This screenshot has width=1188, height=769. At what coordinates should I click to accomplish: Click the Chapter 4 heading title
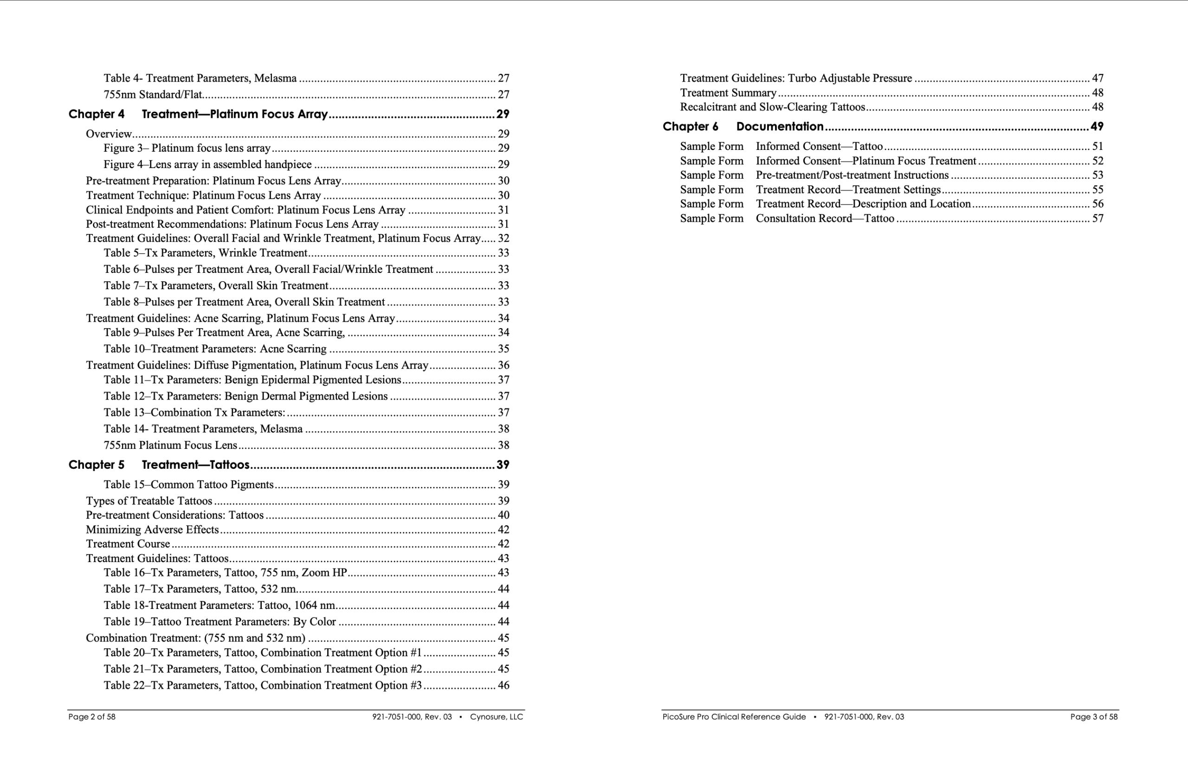(235, 114)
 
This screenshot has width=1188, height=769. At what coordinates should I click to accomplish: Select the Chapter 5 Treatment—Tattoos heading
(195, 465)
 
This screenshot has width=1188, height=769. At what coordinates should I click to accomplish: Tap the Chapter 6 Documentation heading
(779, 127)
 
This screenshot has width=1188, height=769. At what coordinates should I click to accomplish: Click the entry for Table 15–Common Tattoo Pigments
(189, 485)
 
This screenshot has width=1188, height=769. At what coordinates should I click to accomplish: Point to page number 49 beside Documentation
(1097, 127)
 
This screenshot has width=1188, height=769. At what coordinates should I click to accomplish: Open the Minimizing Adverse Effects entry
(152, 530)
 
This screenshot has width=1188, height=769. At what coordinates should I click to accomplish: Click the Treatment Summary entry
(728, 93)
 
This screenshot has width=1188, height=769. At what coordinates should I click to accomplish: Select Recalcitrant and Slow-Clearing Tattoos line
(772, 107)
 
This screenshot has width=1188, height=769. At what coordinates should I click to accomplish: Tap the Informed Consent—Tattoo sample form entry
(819, 146)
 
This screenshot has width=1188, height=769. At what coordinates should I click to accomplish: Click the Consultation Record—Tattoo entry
(825, 218)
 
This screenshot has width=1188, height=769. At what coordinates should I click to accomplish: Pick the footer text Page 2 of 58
(92, 717)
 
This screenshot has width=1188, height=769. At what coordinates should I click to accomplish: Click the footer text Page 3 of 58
(1094, 717)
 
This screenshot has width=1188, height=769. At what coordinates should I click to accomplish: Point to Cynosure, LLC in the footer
(496, 717)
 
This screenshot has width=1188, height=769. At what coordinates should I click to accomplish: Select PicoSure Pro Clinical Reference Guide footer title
(734, 717)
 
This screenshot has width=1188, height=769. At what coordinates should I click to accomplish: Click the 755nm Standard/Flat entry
(153, 94)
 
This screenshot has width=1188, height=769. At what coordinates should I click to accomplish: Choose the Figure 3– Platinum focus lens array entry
(187, 148)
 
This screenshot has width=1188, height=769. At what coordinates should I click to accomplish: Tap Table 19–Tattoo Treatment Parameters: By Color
(220, 622)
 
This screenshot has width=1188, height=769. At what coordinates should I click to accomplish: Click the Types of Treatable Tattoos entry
(149, 501)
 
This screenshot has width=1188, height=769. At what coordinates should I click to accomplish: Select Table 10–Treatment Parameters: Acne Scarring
(215, 349)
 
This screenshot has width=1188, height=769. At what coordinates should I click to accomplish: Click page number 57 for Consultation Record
(1098, 218)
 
